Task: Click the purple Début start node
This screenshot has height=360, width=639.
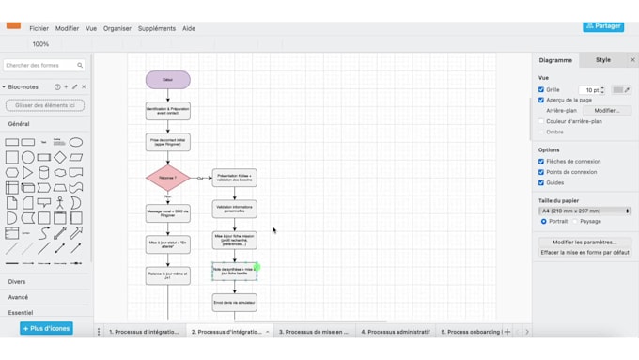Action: tap(167, 80)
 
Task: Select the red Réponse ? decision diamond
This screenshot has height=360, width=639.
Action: tap(167, 178)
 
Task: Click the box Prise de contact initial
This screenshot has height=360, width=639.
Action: tap(167, 143)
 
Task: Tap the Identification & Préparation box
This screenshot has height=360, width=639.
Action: tap(167, 111)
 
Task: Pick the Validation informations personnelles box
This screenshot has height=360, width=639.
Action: tap(234, 209)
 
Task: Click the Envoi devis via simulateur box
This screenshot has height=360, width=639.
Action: tap(234, 303)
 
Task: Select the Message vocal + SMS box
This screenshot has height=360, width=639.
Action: tap(167, 213)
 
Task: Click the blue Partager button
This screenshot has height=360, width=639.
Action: tap(602, 26)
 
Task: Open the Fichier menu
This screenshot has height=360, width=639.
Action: tap(39, 28)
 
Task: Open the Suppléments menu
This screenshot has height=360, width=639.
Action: tap(156, 28)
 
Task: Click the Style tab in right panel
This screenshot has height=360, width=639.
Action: tap(602, 60)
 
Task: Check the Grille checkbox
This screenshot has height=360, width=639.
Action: tap(541, 90)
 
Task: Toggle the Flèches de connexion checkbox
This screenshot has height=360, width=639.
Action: tap(541, 162)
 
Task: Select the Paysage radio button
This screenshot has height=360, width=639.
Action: tap(575, 222)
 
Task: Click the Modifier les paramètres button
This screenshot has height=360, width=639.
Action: tap(584, 243)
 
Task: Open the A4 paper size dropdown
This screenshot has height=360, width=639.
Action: tap(584, 211)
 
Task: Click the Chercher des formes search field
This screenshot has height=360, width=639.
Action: tap(42, 66)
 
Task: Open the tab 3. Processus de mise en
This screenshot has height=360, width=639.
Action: tap(314, 332)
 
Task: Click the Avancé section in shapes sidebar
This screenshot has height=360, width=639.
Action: tap(18, 297)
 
